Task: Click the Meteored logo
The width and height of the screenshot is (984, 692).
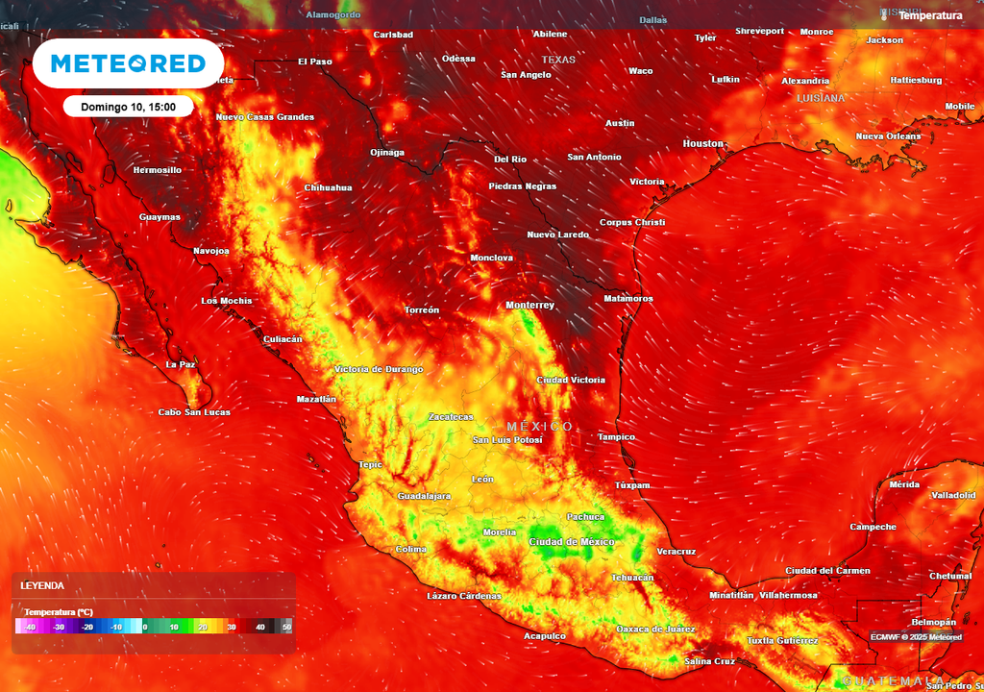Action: click(x=128, y=63)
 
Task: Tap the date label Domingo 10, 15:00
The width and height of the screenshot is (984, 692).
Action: click(x=128, y=107)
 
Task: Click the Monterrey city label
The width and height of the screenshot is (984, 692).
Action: click(x=530, y=306)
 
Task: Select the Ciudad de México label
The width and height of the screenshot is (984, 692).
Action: click(x=572, y=542)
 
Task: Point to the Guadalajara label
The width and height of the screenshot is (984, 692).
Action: click(x=425, y=496)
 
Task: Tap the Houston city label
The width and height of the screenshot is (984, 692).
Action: click(x=703, y=143)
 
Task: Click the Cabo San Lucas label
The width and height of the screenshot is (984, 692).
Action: click(x=194, y=412)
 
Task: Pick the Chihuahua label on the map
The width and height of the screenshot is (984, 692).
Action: click(x=329, y=187)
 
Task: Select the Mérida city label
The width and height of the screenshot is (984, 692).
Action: click(x=904, y=484)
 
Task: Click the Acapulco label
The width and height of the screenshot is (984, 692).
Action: click(x=544, y=636)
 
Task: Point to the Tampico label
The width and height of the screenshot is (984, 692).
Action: click(x=616, y=437)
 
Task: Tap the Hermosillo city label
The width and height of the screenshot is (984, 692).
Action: click(x=157, y=170)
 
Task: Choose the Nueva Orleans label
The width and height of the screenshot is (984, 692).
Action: click(x=888, y=136)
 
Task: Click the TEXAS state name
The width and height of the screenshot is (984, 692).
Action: click(x=558, y=60)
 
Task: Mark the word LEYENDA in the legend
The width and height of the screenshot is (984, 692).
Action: click(x=42, y=585)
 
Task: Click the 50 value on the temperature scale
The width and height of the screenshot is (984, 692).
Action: click(x=286, y=627)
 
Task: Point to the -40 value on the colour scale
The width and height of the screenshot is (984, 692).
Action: click(x=31, y=627)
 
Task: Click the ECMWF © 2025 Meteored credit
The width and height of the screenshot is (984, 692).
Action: click(x=916, y=637)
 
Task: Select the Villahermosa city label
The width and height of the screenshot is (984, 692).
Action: click(x=788, y=595)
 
